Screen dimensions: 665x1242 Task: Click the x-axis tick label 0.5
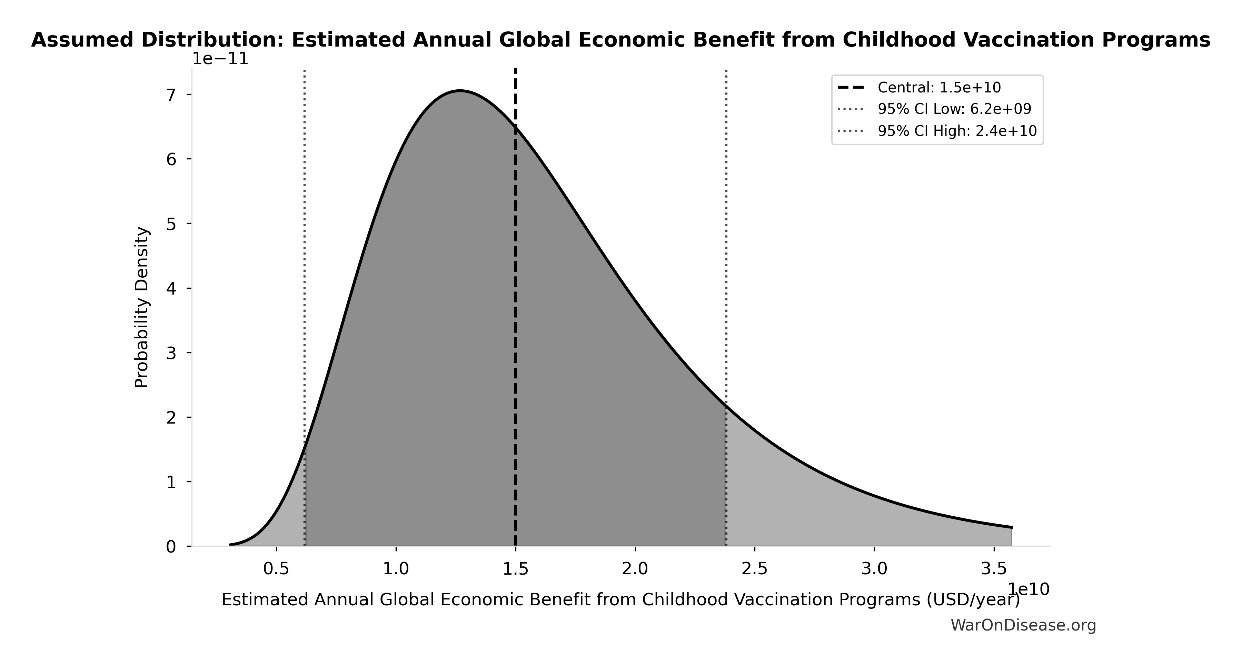[x=276, y=569]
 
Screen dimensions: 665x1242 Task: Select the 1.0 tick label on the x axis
[x=396, y=569]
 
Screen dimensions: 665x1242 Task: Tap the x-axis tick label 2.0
[x=635, y=569]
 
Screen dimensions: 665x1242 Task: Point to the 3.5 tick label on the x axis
[x=994, y=569]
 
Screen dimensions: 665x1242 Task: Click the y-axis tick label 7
[x=171, y=95]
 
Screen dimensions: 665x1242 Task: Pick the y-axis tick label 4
[x=171, y=288]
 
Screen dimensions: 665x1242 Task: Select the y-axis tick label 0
[x=171, y=547]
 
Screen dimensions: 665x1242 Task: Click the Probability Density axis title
[x=142, y=307]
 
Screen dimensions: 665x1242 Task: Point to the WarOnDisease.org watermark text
[x=1023, y=625]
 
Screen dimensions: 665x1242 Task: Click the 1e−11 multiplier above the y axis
[x=220, y=59]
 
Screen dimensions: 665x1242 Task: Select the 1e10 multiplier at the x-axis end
[x=1029, y=589]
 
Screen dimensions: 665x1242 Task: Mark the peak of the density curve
[x=460, y=91]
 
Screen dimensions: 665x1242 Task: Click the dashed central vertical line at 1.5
[x=515, y=338]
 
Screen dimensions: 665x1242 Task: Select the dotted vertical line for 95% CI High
[x=726, y=241]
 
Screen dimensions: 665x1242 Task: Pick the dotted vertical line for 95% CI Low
[x=304, y=241]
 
